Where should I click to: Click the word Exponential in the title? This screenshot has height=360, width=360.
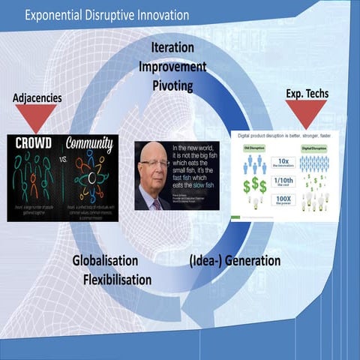pos(57,15)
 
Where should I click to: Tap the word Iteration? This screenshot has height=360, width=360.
pos(172,47)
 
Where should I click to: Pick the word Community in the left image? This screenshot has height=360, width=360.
pos(88,142)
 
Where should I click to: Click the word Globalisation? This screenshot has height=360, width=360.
pos(105,261)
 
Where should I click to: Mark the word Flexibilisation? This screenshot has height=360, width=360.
pos(117,280)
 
